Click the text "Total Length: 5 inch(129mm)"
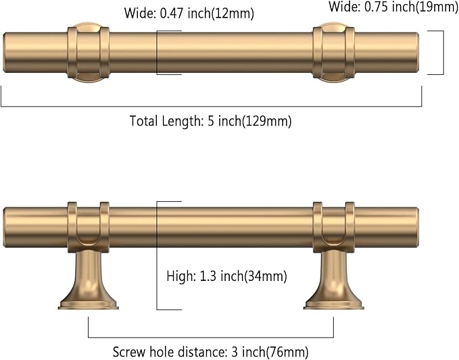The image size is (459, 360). click(x=210, y=122)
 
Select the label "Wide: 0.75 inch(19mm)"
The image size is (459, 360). click(x=393, y=7)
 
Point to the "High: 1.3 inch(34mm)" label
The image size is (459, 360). click(x=226, y=276)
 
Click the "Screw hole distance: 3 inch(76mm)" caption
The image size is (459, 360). click(x=210, y=352)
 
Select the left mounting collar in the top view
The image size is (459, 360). click(x=88, y=53)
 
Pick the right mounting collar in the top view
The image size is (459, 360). click(x=334, y=53)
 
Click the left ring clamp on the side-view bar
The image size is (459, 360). click(x=88, y=223)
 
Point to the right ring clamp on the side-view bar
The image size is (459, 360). click(x=334, y=223)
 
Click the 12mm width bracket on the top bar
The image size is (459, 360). click(x=158, y=53)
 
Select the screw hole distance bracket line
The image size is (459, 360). click(x=210, y=336)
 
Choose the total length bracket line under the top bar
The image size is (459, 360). click(x=210, y=106)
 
